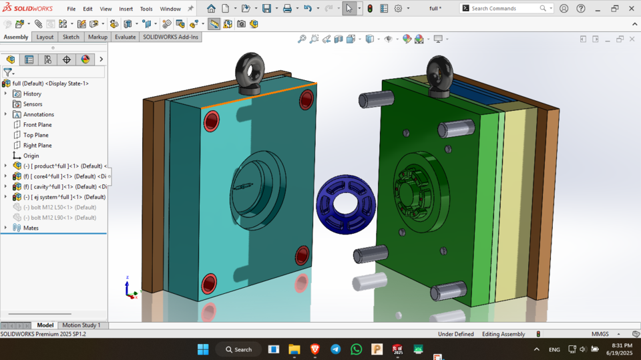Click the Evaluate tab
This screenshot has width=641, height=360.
[125, 37]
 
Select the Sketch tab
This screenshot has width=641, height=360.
[71, 37]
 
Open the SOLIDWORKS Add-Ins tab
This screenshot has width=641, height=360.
[171, 37]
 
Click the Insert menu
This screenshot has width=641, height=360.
[126, 9]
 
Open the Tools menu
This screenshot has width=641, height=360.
[146, 9]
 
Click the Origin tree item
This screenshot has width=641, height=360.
[31, 156]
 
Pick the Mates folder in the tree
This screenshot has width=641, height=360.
[31, 228]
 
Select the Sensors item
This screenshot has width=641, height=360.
[33, 104]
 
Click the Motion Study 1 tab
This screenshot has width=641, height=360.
[81, 325]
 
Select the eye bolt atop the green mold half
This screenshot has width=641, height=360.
[440, 75]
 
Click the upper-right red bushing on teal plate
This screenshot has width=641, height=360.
[306, 100]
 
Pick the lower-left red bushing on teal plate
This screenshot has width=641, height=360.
[209, 283]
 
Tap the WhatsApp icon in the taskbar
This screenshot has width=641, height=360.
[356, 349]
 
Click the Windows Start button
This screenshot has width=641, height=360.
[203, 349]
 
